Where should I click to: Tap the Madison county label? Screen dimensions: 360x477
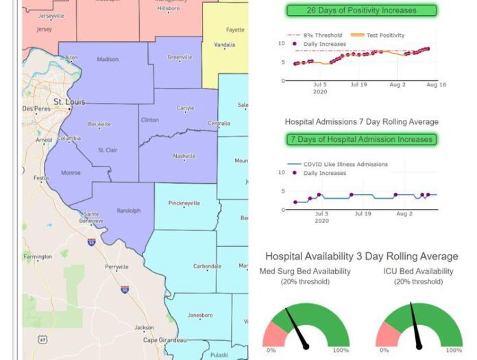point(108,60)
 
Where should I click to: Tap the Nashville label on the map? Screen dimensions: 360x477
point(184,156)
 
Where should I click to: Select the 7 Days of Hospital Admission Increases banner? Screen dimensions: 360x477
point(360,139)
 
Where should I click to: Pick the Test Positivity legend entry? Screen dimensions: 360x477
point(378,35)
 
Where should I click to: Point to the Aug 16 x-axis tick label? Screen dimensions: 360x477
point(437,85)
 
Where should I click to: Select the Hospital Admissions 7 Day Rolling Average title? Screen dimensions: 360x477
point(361,121)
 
